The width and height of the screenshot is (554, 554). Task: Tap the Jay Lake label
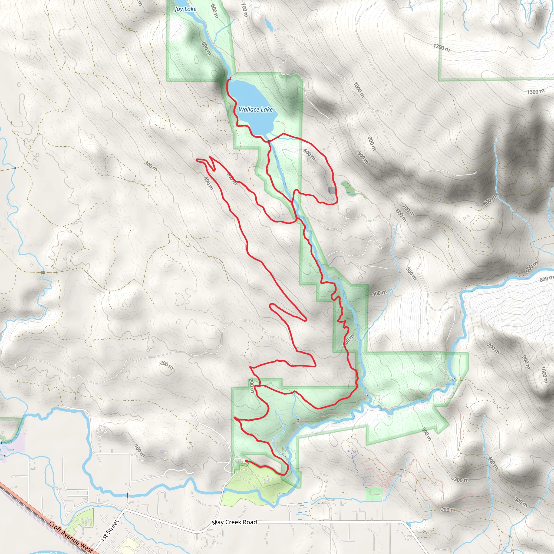pos(185,9)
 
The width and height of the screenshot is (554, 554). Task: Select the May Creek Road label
pos(234,522)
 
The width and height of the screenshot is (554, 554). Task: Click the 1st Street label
pos(109,530)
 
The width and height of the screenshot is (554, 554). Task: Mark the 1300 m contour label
pos(536,92)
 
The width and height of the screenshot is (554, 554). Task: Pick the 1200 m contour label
pos(441,48)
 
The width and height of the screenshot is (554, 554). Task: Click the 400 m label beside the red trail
pos(209,183)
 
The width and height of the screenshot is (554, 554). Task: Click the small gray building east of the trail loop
pos(332,190)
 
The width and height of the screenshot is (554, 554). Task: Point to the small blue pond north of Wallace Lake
pos(269,25)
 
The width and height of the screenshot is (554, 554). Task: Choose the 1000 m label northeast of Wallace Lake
pos(359,90)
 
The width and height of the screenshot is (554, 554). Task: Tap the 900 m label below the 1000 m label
pos(372,143)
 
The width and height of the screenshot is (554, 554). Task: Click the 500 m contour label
pos(411,273)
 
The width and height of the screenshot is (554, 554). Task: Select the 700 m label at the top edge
pos(244,9)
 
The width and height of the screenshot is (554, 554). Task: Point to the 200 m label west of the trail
pos(166,365)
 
